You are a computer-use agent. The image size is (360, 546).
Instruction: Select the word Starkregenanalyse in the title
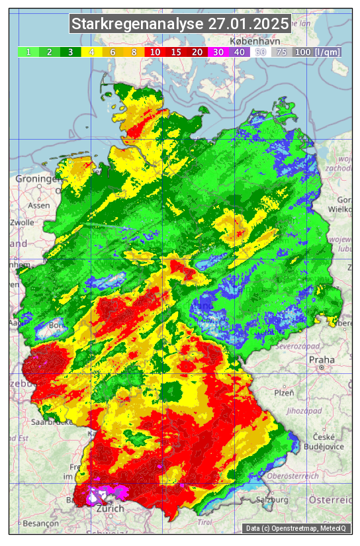pos(138,24)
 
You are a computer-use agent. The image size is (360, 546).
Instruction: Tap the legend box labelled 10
pos(155,52)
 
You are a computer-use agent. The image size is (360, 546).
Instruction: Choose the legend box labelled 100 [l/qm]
pos(317,52)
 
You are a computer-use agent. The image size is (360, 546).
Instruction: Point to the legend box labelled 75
pos(281,52)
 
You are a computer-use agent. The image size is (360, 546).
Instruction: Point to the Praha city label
pos(321,360)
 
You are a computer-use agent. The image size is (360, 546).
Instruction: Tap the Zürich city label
pos(110,509)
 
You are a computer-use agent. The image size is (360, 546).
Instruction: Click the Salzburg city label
pos(272,500)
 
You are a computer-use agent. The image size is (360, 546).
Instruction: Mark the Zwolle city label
pos(21,222)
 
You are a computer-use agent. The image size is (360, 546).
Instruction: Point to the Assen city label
pos(39,205)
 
